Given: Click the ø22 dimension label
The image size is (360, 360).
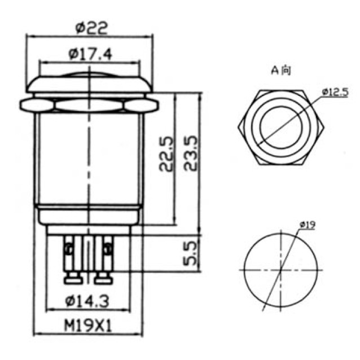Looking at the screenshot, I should click(x=90, y=27).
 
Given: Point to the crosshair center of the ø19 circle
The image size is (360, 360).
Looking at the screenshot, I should click(x=280, y=270).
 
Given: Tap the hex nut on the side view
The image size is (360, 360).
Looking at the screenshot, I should click(x=90, y=105).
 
